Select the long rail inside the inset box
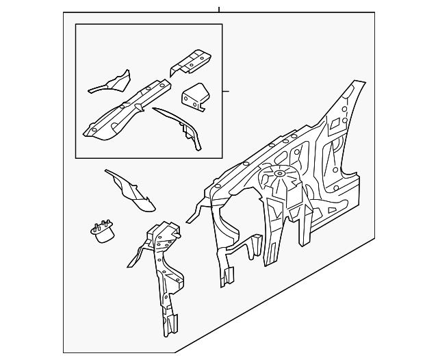coord(127,109)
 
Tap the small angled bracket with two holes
coord(196,97)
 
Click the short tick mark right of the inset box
coord(226,91)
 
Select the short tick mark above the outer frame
coord(219,9)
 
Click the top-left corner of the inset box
coord(76,25)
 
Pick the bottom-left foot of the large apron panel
coord(224,277)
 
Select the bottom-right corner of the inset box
coord(222,158)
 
